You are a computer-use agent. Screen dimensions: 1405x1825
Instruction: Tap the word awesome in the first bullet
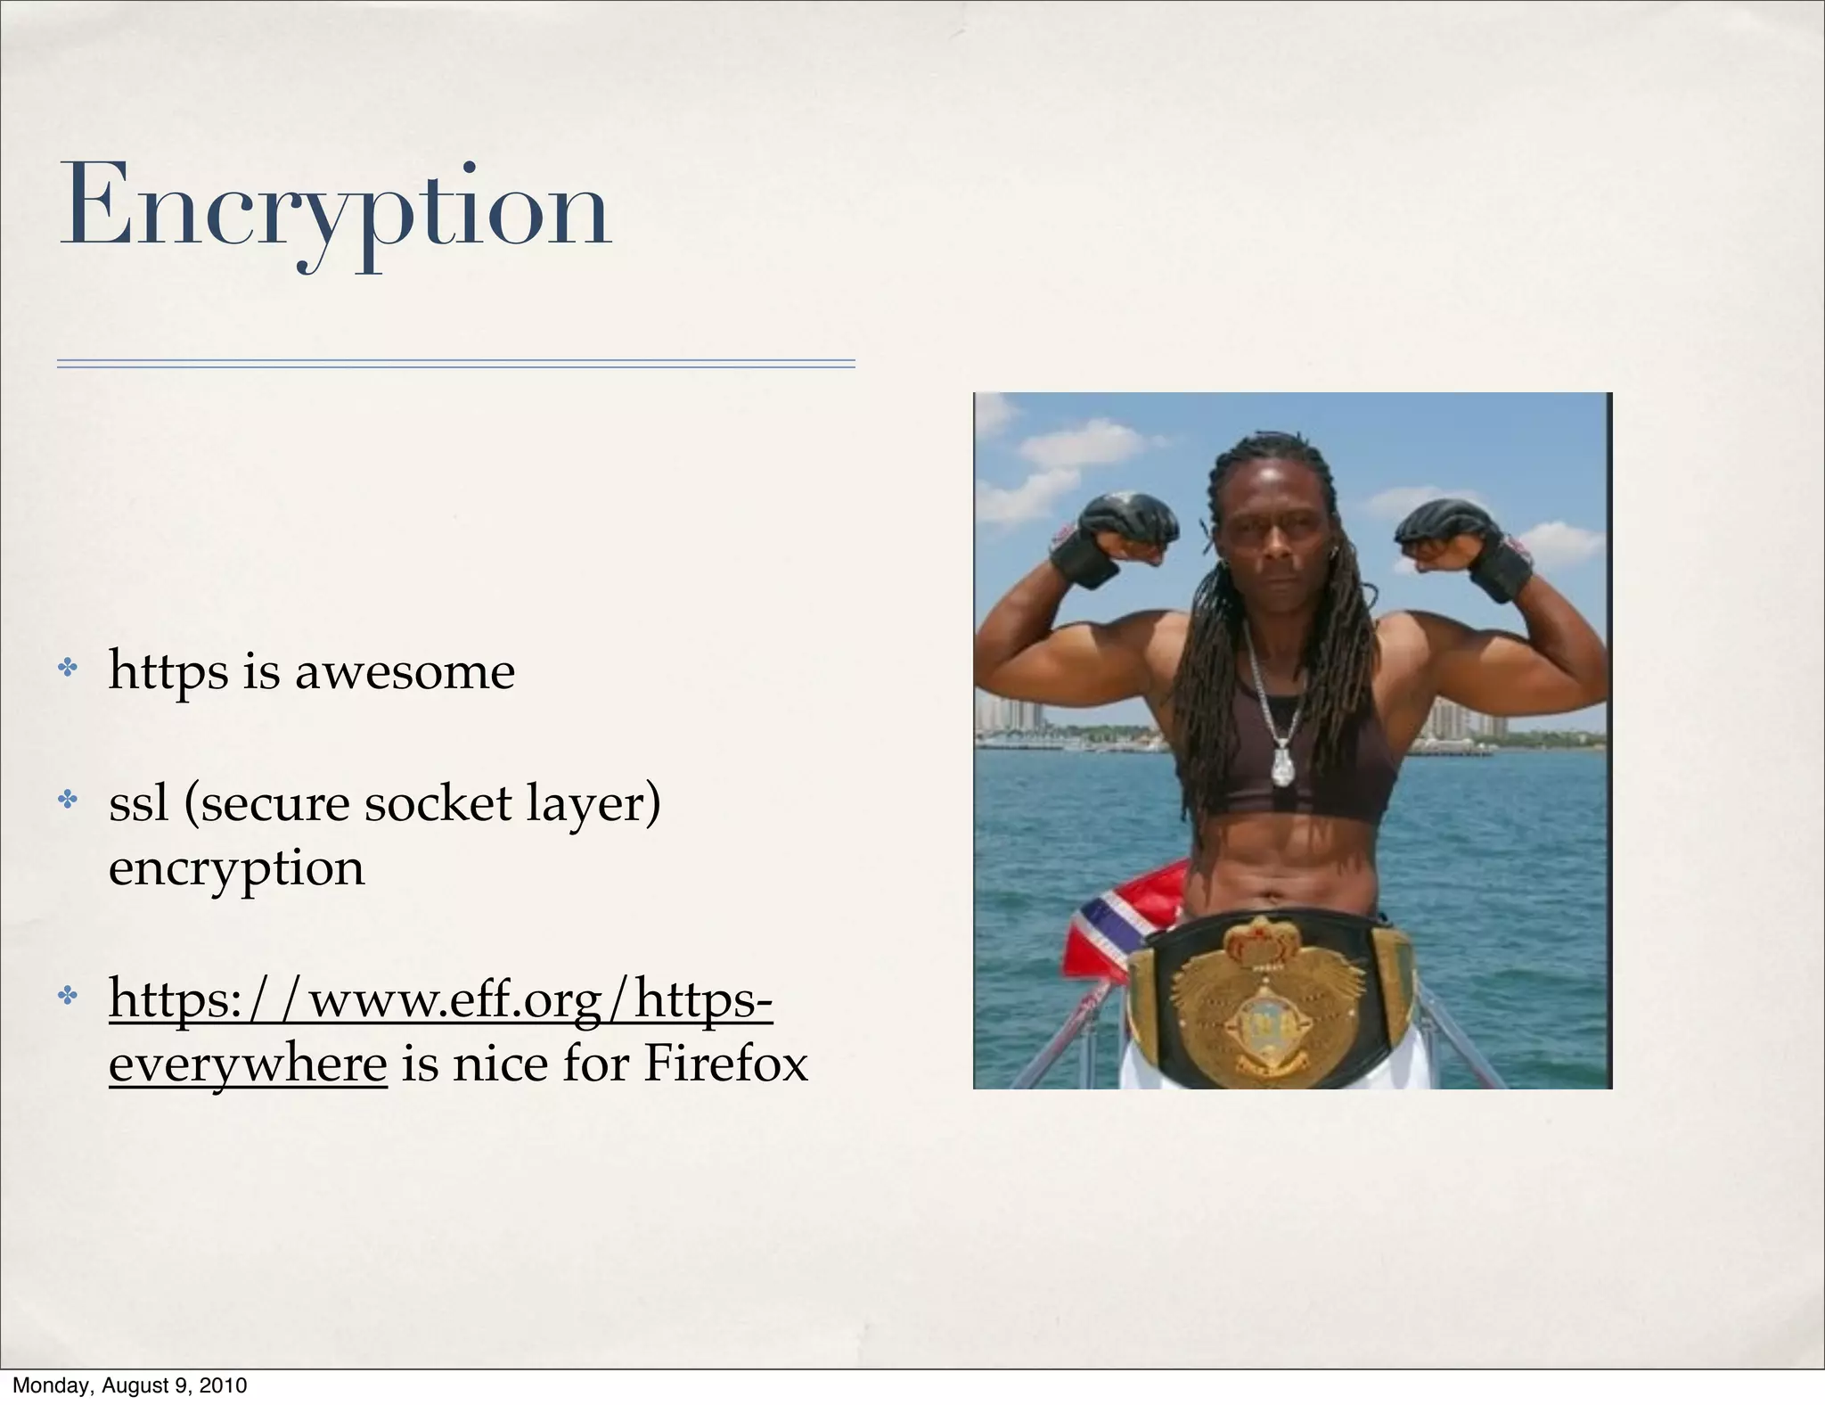405,671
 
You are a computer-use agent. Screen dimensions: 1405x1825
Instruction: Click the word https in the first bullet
168,671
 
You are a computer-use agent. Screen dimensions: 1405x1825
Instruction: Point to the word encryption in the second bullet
236,867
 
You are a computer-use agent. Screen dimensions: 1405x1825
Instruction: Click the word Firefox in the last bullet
725,1064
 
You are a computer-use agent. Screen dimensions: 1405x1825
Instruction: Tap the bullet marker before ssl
68,799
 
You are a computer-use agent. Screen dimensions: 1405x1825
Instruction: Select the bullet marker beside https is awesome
68,667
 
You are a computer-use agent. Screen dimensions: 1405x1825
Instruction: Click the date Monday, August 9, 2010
130,1385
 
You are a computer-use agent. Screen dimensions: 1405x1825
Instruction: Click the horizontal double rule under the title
455,364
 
